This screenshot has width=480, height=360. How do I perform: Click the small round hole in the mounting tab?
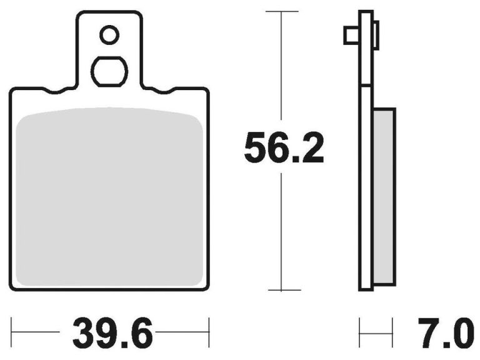[x=109, y=35]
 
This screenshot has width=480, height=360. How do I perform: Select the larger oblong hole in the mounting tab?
[x=109, y=72]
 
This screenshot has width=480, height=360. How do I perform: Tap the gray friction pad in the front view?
[x=109, y=197]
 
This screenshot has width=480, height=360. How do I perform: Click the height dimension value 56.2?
[x=284, y=148]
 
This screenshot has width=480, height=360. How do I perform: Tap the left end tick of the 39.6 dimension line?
[x=12, y=327]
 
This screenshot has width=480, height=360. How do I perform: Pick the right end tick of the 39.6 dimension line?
[x=209, y=327]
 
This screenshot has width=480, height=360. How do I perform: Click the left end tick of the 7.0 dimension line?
[x=359, y=327]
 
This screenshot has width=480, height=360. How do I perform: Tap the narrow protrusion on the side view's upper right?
[x=376, y=34]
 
